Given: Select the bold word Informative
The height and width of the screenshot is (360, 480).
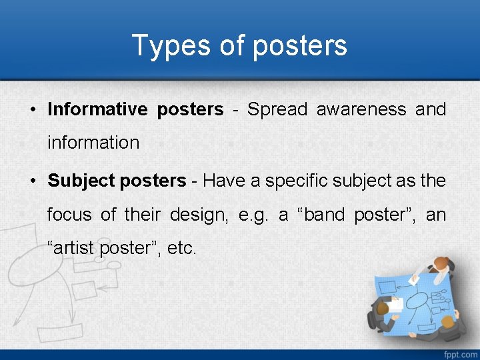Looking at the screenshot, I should tap(97, 109).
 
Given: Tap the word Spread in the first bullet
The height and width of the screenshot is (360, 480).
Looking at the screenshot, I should tap(277, 109).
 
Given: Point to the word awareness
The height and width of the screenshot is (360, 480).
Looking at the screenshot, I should tap(361, 109).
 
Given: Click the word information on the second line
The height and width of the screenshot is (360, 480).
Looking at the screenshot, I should tap(93, 143).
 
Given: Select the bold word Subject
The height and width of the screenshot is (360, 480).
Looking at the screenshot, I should tap(81, 181).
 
